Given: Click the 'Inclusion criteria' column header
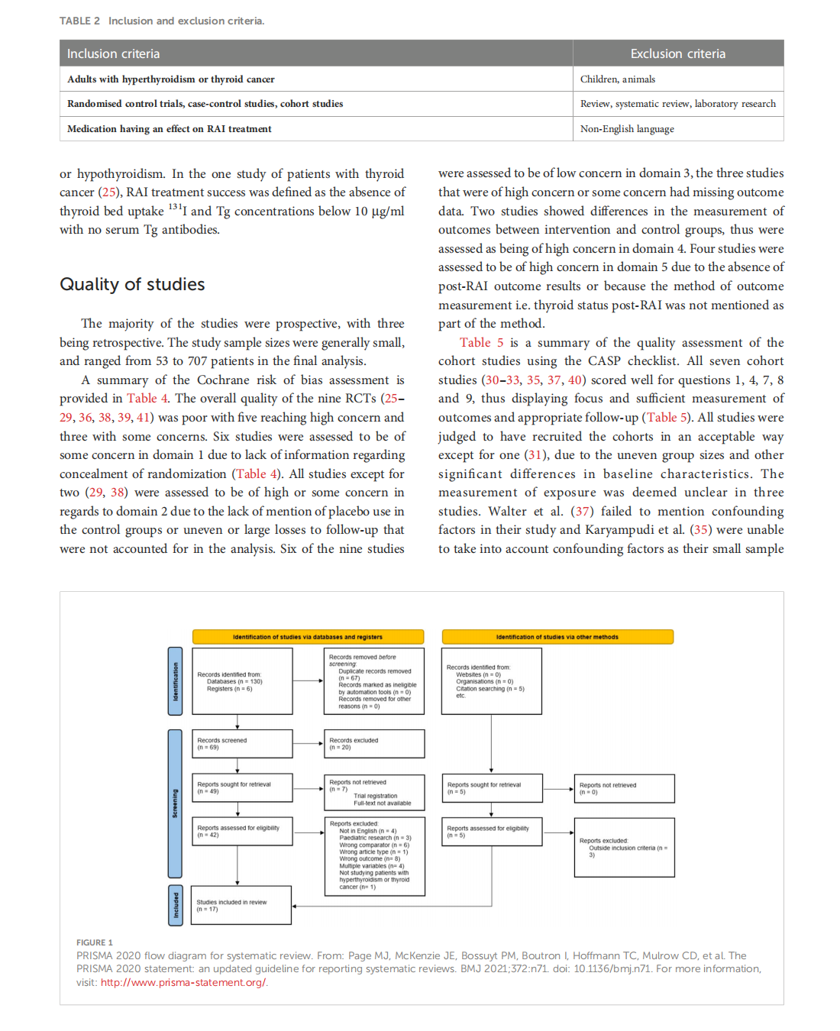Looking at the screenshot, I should [x=113, y=53].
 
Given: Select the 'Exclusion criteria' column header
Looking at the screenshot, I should [x=677, y=53].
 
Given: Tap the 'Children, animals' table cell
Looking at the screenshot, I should [x=617, y=79].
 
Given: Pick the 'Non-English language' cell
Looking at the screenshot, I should [x=627, y=129].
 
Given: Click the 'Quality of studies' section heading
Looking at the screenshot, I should [x=132, y=284].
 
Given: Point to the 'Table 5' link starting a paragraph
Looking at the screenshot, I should [x=481, y=343].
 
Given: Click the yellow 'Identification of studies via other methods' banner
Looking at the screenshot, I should [x=557, y=637].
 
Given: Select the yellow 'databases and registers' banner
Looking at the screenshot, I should [x=308, y=637].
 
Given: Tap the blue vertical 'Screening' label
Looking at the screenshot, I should [x=175, y=803].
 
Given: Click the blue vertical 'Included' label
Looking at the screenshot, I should [x=175, y=905].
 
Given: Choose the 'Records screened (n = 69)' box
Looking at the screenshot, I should [x=242, y=744].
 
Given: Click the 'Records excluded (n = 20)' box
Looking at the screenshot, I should [x=373, y=744].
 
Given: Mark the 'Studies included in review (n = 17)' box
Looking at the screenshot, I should [x=241, y=906].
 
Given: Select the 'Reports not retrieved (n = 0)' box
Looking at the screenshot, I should [x=624, y=789].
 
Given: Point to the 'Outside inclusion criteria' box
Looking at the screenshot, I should [x=624, y=848].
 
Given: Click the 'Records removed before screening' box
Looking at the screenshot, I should [x=373, y=681].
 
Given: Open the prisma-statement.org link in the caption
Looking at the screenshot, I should [x=183, y=983].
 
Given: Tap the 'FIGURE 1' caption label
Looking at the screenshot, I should [x=94, y=942].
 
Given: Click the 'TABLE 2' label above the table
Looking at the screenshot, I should [x=79, y=21].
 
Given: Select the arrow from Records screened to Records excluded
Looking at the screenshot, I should [x=309, y=744].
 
